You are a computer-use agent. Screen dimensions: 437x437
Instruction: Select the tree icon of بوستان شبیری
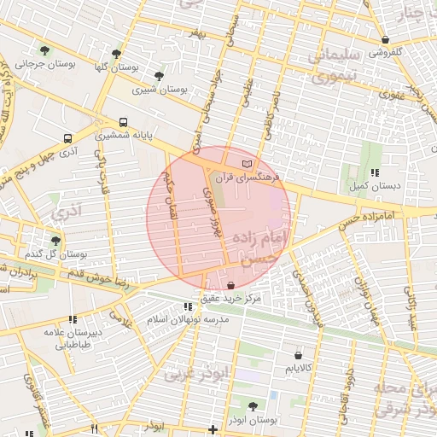coord(159,76)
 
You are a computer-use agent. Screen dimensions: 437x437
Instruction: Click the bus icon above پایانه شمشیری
coord(124,122)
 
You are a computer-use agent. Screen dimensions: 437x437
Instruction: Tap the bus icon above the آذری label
coord(67,138)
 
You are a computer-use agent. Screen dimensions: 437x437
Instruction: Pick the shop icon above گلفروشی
coord(385,39)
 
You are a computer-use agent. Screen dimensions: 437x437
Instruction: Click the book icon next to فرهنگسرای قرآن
coord(248,162)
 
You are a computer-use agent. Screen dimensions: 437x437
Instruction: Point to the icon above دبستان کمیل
coord(375,172)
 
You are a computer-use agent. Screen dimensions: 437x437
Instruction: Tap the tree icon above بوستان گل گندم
coord(56,242)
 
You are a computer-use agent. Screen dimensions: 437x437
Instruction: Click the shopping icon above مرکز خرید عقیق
coord(232,284)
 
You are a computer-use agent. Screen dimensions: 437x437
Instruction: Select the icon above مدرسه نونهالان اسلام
coord(188,306)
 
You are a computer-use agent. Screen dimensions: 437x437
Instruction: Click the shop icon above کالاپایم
coord(298,354)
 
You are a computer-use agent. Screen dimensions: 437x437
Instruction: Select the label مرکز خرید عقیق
coord(232,298)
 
